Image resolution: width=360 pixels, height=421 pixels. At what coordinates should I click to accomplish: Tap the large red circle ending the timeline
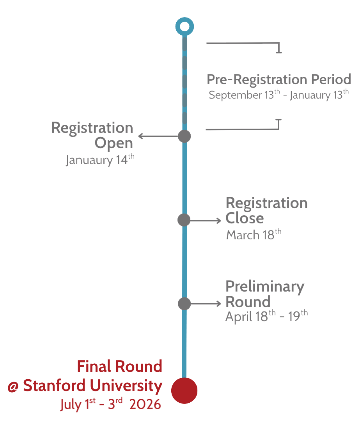click(184, 391)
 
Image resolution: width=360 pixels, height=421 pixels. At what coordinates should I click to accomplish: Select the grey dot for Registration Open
click(184, 136)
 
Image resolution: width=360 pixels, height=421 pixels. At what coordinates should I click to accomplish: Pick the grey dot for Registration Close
click(184, 220)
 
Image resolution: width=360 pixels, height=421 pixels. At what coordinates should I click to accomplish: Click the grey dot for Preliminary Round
click(184, 303)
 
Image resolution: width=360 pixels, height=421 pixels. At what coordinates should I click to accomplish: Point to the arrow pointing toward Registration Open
click(158, 136)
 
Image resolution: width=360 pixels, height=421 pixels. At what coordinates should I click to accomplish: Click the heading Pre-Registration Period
click(278, 80)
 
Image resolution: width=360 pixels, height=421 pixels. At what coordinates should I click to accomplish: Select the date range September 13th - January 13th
click(278, 95)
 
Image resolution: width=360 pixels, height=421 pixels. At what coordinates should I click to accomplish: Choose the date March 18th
click(254, 235)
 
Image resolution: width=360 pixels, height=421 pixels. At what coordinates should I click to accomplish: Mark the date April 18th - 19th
click(266, 317)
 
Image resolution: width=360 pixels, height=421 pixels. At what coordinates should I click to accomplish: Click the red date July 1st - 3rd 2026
click(110, 404)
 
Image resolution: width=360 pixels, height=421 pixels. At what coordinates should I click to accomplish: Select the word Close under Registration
click(245, 218)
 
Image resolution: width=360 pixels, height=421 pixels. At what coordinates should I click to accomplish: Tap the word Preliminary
click(265, 287)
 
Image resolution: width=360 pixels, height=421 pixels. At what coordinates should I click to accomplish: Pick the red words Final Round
click(119, 366)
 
